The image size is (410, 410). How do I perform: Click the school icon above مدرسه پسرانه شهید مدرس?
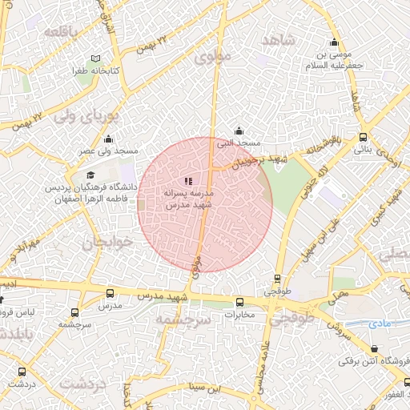coord(188,182)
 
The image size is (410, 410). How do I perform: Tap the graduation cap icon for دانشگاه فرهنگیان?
coord(90,175)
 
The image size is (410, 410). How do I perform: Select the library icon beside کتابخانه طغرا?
coord(97,59)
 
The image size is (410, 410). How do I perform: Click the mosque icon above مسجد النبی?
coord(238,131)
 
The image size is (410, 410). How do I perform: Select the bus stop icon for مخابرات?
coord(239,303)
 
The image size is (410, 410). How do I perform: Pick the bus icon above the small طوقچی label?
coord(277,279)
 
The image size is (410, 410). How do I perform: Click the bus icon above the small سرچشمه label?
coord(74,313)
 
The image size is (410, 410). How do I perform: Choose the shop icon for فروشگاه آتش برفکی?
coord(376,348)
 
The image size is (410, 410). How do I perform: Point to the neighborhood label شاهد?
coord(278,40)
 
